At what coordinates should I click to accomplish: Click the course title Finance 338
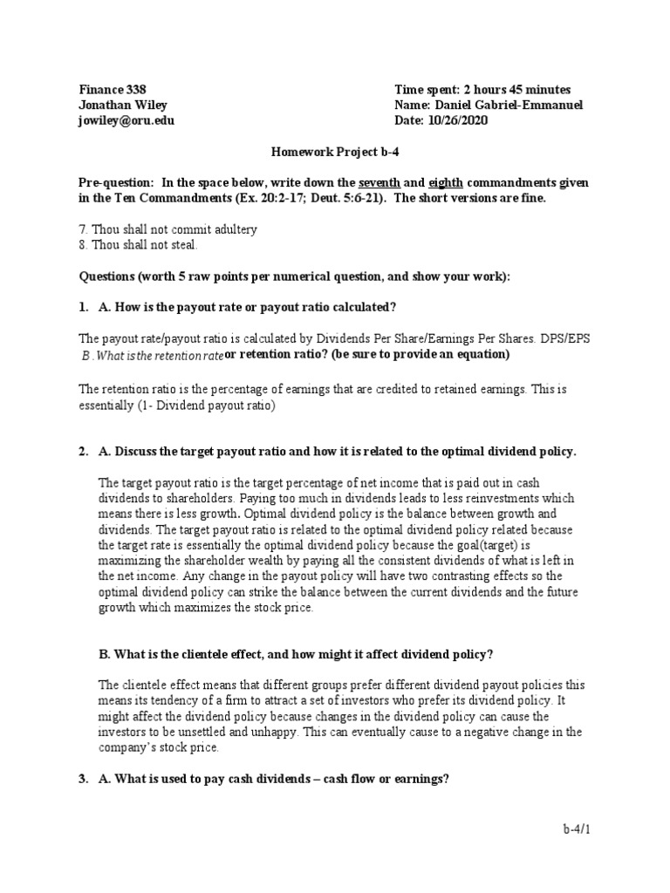click(113, 90)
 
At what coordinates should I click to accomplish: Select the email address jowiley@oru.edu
click(126, 121)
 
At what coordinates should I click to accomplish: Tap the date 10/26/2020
click(457, 121)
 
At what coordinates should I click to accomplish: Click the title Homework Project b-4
click(335, 151)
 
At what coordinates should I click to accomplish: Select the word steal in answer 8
click(181, 245)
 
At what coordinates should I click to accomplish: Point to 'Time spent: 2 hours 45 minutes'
click(482, 90)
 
